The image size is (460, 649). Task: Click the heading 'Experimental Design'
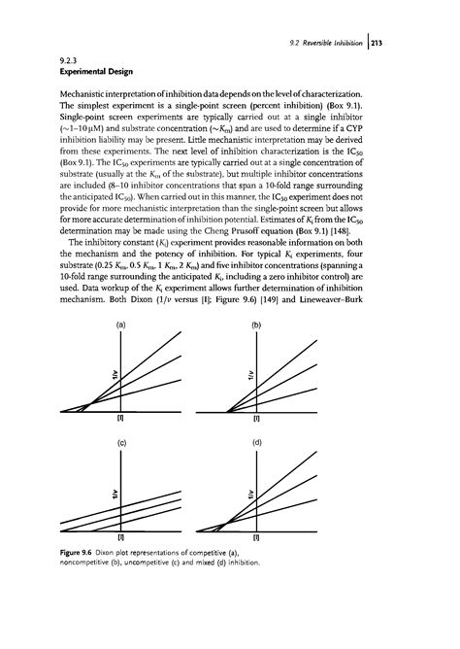pos(106,72)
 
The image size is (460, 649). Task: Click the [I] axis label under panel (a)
pos(120,420)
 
